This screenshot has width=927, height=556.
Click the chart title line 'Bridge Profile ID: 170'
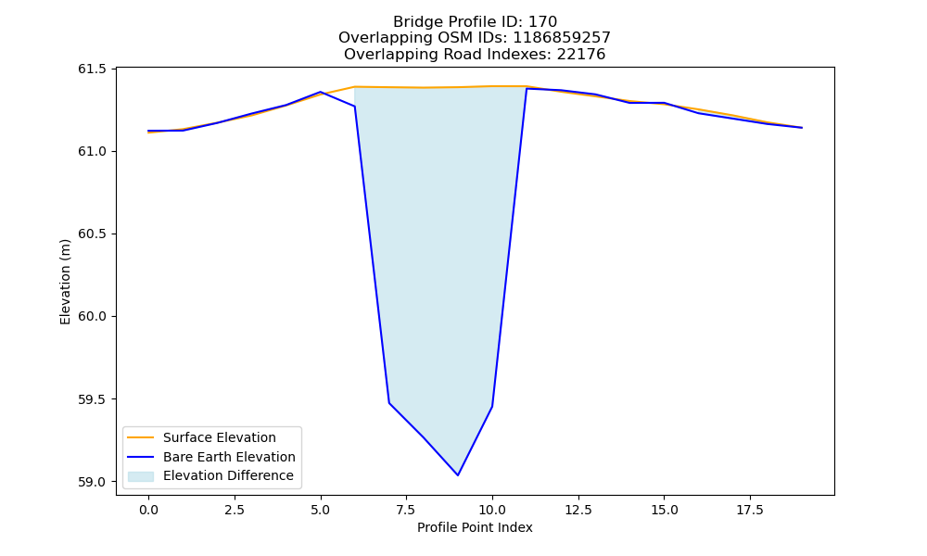point(475,22)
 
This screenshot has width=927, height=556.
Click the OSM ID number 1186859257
point(561,38)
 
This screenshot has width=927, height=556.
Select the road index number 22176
point(580,55)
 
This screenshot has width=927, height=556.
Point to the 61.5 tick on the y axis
point(92,69)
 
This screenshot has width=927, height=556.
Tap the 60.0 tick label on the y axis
point(92,317)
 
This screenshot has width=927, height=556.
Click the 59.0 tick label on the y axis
point(92,482)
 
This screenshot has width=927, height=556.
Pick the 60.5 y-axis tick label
point(92,234)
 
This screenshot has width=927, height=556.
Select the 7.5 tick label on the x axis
point(406,510)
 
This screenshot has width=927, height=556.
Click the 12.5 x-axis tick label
point(578,510)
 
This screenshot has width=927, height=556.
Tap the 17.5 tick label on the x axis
point(750,510)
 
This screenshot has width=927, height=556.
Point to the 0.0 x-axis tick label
point(148,510)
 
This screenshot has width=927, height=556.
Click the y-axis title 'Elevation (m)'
point(65,282)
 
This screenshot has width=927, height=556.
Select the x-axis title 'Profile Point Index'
point(475,527)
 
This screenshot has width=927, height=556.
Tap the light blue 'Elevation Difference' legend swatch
point(141,476)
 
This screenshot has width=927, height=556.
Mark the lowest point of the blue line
point(458,475)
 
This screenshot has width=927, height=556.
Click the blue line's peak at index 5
point(321,92)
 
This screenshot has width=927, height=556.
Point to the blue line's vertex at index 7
point(389,403)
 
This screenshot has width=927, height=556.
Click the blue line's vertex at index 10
point(492,407)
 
